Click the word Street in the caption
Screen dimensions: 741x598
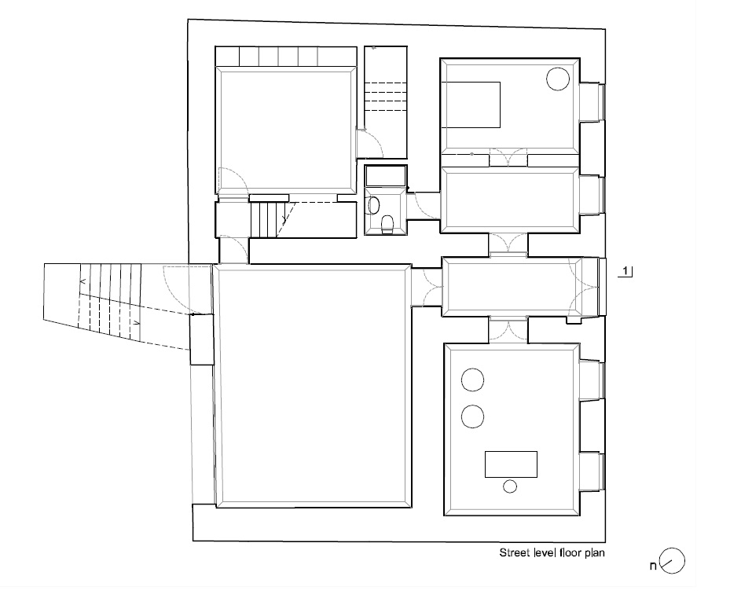515,552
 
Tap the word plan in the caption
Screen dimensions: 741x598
595,553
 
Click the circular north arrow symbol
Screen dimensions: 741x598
672,561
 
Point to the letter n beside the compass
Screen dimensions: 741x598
653,565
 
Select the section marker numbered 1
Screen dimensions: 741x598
625,271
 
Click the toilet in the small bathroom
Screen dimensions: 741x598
387,224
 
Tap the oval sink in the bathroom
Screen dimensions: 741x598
373,206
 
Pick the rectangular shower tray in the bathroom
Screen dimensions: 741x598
386,175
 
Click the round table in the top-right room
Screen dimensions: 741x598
558,79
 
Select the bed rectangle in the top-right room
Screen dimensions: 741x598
470,105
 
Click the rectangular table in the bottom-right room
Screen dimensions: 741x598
511,464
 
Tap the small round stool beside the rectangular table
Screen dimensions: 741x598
510,486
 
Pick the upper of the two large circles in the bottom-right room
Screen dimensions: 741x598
472,380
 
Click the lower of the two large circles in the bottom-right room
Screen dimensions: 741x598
472,416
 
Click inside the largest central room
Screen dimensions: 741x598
313,386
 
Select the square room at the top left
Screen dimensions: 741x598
286,130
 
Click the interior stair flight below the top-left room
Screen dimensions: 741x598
269,219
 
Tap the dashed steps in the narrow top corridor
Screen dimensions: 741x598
386,97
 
